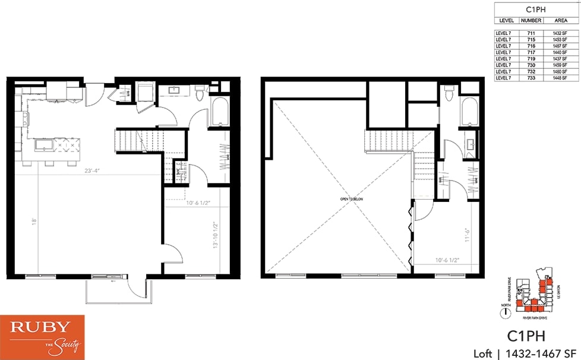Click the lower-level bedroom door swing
tap(173, 254)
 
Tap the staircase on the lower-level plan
tap(129, 141)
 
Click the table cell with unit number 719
tap(528, 59)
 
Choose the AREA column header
tap(560, 20)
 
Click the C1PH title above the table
tap(536, 9)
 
